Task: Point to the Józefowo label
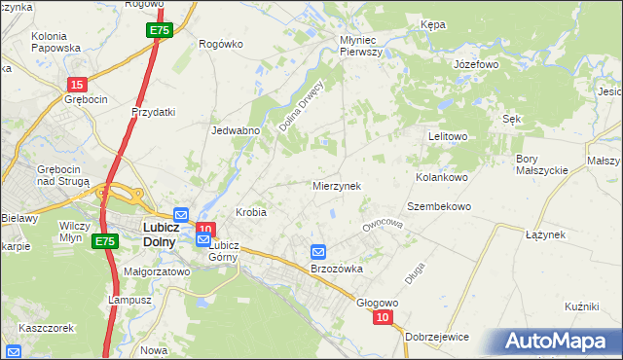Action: [x=476, y=64]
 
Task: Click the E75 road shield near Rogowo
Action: [x=161, y=31]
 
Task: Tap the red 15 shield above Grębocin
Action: [x=77, y=84]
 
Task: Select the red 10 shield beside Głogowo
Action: [x=383, y=317]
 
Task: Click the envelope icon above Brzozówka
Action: [x=318, y=252]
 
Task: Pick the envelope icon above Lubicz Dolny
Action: [x=181, y=214]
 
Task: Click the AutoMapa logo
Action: [x=558, y=342]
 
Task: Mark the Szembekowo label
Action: [x=439, y=207]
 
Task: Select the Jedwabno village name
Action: [x=236, y=129]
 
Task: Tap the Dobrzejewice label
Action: [x=438, y=336]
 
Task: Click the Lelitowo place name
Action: [x=449, y=137]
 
